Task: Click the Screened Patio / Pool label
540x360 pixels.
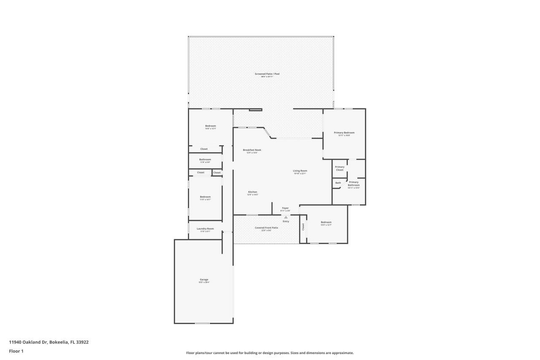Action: (x=267, y=74)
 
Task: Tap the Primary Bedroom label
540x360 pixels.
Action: (x=344, y=133)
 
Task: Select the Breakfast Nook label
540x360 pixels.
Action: (x=252, y=150)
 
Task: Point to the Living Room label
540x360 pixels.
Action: (x=300, y=171)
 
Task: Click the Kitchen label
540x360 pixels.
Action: (x=252, y=192)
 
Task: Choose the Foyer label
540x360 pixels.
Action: (x=286, y=208)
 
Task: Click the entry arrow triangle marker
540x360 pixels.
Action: (x=286, y=217)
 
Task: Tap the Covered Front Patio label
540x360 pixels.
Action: (x=266, y=228)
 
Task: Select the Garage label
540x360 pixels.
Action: (x=204, y=279)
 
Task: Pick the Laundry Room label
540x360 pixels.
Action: (x=205, y=229)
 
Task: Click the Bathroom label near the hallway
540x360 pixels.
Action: (x=205, y=160)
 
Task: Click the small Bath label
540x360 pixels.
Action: (x=338, y=183)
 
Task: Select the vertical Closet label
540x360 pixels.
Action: (x=303, y=227)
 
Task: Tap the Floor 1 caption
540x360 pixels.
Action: (x=16, y=351)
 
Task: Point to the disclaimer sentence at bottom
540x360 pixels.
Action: (x=270, y=353)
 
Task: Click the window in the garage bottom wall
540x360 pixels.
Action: (x=202, y=323)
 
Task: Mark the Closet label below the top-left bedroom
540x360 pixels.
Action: (x=204, y=149)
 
